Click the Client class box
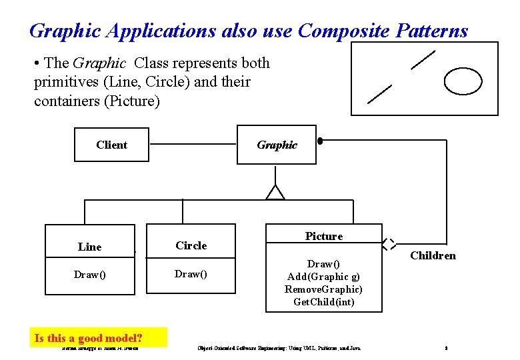[x=111, y=145]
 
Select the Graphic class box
[x=277, y=145]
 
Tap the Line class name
[x=90, y=247]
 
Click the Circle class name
[x=191, y=245]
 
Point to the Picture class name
[x=324, y=236]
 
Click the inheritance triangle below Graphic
[x=275, y=192]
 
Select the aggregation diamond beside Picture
[x=389, y=244]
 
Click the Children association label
[x=433, y=255]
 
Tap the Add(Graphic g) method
[x=323, y=277]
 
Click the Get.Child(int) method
[x=323, y=302]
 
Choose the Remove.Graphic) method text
[x=323, y=289]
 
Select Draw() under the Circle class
[x=191, y=274]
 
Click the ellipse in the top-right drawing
[x=463, y=81]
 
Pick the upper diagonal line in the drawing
[x=423, y=60]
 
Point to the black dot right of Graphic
[x=320, y=141]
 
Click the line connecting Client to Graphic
[x=193, y=144]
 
